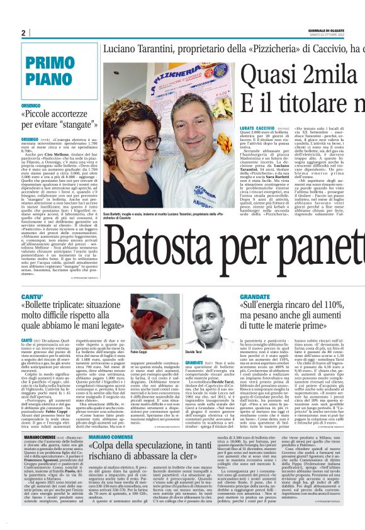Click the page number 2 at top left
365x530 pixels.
click(x=23, y=33)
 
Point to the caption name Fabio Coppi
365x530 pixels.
click(x=138, y=352)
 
